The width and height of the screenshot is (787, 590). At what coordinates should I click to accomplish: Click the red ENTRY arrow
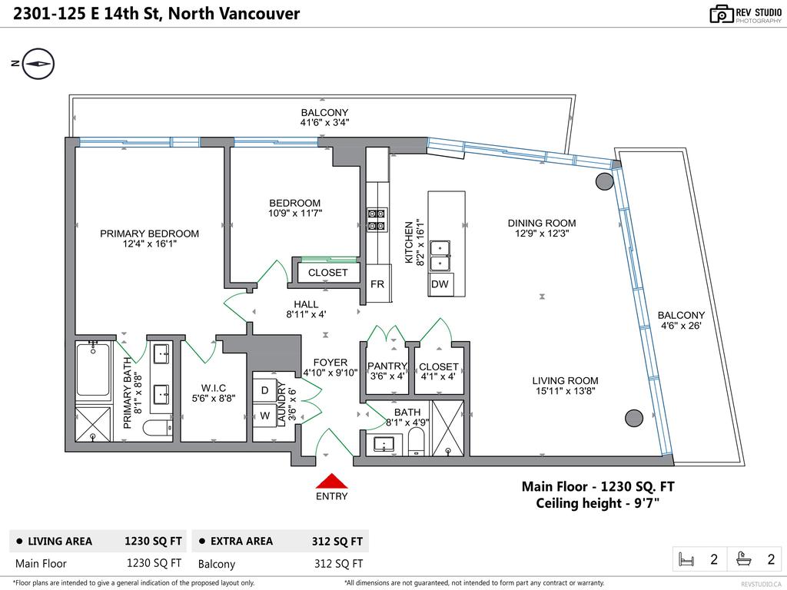coord(331,481)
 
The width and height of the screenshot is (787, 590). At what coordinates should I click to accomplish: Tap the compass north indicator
coord(38,64)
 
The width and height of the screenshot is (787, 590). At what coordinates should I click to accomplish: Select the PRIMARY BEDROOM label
coord(149,234)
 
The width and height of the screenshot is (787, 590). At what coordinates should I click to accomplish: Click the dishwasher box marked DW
coord(440,284)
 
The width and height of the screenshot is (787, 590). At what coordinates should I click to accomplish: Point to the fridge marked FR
coord(377,283)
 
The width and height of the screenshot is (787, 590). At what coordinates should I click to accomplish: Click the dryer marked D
coord(264,390)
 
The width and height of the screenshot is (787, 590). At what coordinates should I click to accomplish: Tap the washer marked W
coord(264,416)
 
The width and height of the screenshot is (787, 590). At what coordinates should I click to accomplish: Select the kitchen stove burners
coord(377,220)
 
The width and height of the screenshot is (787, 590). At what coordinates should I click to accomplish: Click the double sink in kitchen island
coord(440,256)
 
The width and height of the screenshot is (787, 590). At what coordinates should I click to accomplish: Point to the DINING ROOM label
coord(541,224)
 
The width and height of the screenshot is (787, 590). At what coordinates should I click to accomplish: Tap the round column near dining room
coord(605,181)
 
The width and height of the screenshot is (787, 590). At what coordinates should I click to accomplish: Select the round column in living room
coord(633,418)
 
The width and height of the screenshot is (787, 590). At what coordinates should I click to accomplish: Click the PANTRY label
coord(386,366)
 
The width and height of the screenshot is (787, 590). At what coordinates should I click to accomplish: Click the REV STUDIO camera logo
coord(721,13)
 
